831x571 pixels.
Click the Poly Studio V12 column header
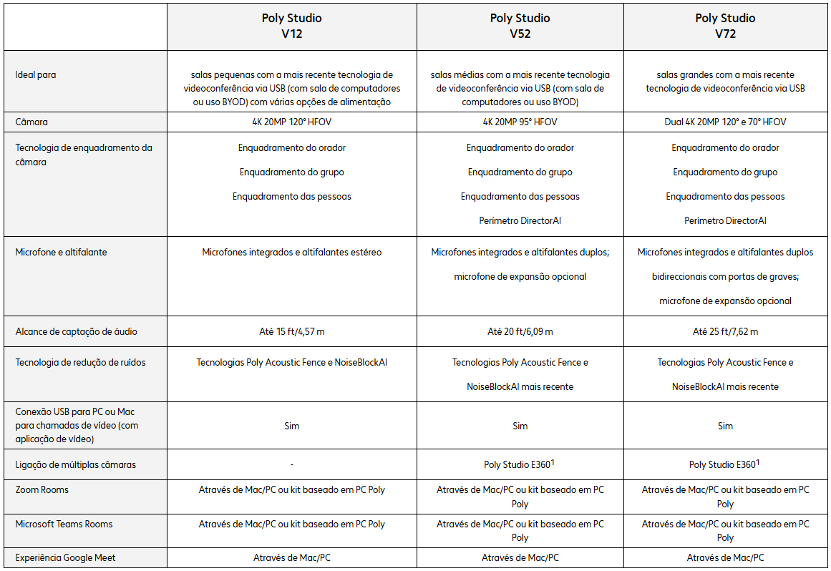tap(291, 26)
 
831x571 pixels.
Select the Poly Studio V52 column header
tap(520, 26)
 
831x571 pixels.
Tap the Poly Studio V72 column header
tap(725, 26)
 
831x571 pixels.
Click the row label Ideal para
tap(36, 74)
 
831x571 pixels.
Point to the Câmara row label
tap(32, 122)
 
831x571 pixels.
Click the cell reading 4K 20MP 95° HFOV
tap(520, 122)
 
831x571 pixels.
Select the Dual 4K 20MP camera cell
tap(725, 122)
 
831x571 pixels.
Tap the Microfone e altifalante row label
tap(61, 253)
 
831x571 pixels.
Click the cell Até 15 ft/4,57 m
tap(291, 332)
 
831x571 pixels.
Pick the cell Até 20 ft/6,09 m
tap(520, 332)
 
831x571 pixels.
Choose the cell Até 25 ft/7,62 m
tap(725, 332)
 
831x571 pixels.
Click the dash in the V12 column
tap(291, 465)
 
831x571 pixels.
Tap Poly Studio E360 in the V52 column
tap(517, 465)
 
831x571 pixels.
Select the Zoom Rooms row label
tap(42, 490)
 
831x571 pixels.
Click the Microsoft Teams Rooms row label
tap(64, 524)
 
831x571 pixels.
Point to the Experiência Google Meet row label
tap(66, 558)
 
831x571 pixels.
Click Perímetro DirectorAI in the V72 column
tap(725, 221)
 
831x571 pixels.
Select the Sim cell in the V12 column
tap(291, 426)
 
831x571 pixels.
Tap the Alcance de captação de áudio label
tap(77, 332)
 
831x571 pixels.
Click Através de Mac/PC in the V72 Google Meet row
tap(725, 558)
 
